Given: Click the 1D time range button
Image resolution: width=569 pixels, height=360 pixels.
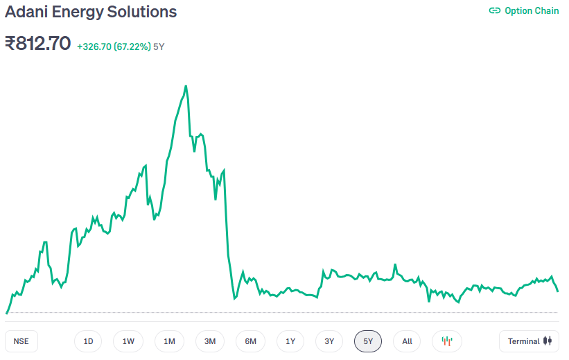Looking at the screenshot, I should coord(88,341).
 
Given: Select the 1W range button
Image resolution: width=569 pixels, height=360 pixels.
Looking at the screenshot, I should coord(128,341).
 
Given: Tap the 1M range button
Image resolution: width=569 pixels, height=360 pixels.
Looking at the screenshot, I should coord(169,341).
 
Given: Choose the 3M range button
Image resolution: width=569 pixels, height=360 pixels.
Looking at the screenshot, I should coord(210,341).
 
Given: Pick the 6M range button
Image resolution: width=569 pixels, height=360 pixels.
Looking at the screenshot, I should coord(250,341).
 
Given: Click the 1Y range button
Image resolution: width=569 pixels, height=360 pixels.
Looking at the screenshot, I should coord(290,341).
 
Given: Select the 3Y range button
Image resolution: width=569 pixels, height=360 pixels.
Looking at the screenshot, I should coord(329,341).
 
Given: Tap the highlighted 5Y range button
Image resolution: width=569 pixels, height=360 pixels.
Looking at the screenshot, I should coord(368,341).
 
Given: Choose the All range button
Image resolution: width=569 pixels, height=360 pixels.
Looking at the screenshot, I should coord(407,341).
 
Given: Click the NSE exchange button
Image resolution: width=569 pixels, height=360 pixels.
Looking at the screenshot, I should coord(21,341).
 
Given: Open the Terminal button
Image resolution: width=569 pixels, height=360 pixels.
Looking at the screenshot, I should coord(529,341).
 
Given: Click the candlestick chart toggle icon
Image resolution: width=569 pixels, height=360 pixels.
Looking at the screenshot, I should coord(447,341).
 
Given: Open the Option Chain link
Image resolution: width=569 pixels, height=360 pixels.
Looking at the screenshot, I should coord(532,10).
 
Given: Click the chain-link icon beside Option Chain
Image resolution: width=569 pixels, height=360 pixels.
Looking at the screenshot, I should coord(495,10).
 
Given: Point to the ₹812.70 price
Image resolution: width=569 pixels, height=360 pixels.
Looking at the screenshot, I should coord(38,44).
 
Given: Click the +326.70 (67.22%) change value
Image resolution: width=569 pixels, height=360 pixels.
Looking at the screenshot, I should coord(114,46).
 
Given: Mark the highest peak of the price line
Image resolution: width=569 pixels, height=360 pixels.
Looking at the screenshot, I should coord(186,86).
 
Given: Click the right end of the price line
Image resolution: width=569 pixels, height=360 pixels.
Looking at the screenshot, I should coord(557,291).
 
